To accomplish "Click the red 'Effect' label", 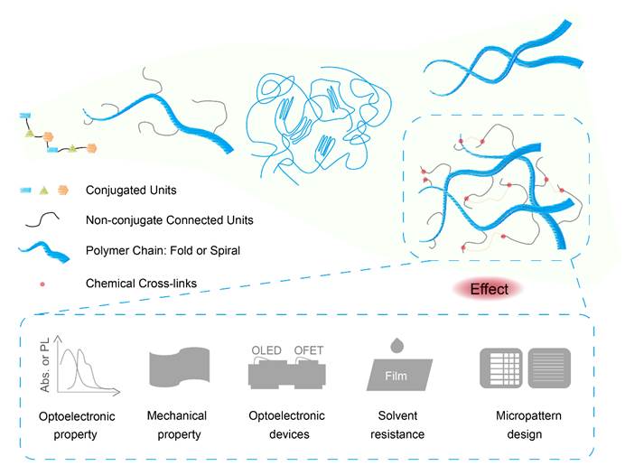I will click(x=489, y=290).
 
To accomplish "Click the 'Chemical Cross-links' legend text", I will click(x=141, y=284).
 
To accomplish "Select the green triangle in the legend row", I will click(x=43, y=190).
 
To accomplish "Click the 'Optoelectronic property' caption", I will click(x=75, y=425).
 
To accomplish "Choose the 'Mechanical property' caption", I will click(x=177, y=424).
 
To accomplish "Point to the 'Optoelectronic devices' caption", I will click(x=286, y=424).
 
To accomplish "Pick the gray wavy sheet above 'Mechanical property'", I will click(x=177, y=369).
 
